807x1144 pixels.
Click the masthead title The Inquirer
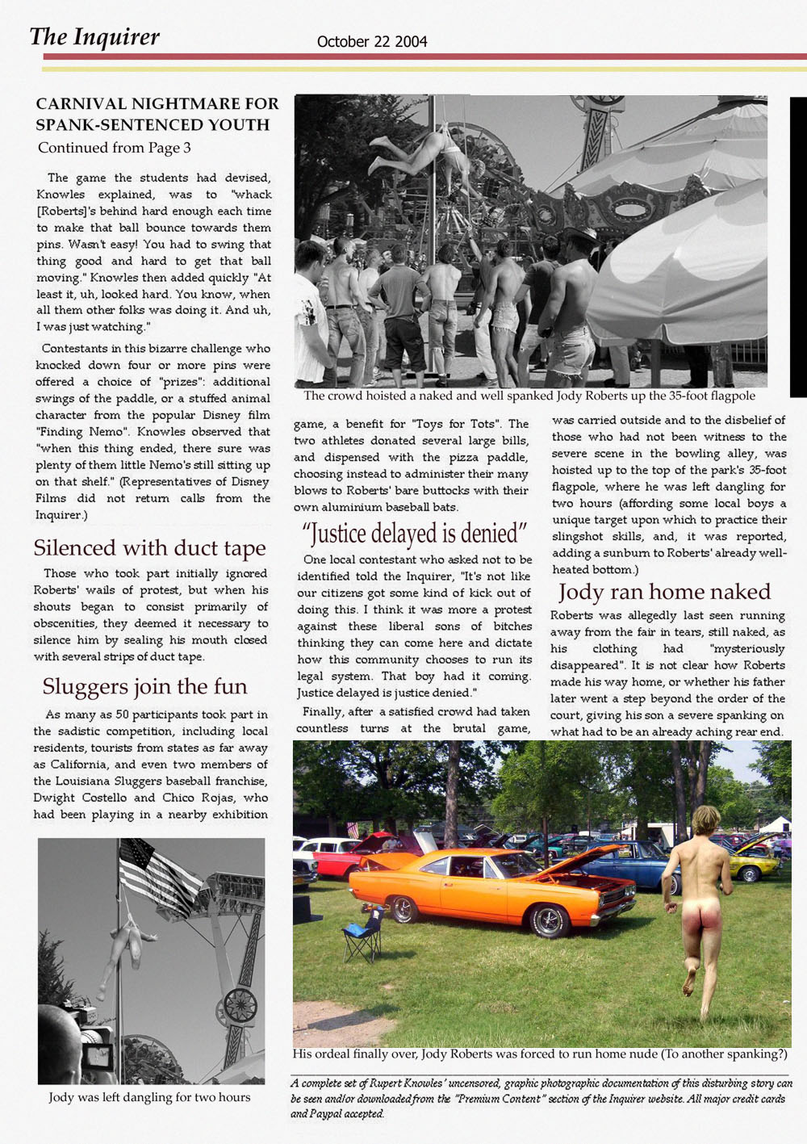(x=94, y=37)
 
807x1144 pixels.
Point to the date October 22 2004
(x=372, y=41)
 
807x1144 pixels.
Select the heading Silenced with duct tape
(x=149, y=548)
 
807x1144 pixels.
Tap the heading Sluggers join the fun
(x=144, y=686)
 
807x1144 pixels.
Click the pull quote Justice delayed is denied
(x=415, y=534)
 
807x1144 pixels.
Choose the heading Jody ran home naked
(x=664, y=592)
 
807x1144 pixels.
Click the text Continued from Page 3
(x=114, y=148)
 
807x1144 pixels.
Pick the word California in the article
(x=80, y=765)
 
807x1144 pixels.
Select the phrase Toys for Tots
(x=467, y=424)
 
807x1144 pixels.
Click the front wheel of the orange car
(x=548, y=920)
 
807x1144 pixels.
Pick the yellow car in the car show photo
(x=755, y=866)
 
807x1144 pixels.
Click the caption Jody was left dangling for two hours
(x=149, y=1097)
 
